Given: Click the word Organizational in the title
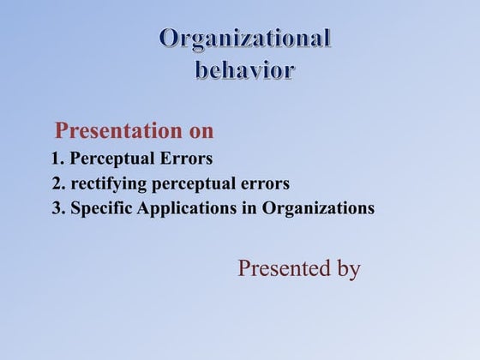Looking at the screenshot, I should pyautogui.click(x=245, y=39).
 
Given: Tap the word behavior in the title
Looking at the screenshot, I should pyautogui.click(x=245, y=69).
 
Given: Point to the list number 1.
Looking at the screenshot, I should pyautogui.click(x=57, y=159).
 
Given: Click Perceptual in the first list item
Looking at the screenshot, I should pyautogui.click(x=108, y=159).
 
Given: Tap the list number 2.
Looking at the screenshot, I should pyautogui.click(x=57, y=183).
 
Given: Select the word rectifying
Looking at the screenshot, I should pyautogui.click(x=108, y=183).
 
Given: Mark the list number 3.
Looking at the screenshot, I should pyautogui.click(x=57, y=208).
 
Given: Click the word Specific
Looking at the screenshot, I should pyautogui.click(x=99, y=209).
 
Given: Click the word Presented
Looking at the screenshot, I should pyautogui.click(x=285, y=268).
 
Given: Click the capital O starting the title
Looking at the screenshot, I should pyautogui.click(x=170, y=39).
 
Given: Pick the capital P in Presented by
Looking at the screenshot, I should pyautogui.click(x=244, y=268).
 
